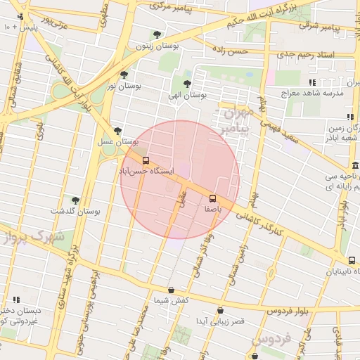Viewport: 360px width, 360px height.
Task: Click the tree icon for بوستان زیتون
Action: pyautogui.click(x=157, y=34)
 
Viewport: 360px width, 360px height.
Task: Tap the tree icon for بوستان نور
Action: pyautogui.click(x=124, y=74)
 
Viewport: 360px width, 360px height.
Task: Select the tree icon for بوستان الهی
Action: pyautogui.click(x=186, y=84)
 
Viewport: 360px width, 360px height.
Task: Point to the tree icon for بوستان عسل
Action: pyautogui.click(x=117, y=131)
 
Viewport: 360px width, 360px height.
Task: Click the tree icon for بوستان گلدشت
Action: pyautogui.click(x=75, y=200)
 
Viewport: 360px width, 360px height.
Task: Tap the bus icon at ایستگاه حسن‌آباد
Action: pyautogui.click(x=146, y=160)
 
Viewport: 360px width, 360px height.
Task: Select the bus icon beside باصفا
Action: pyautogui.click(x=213, y=198)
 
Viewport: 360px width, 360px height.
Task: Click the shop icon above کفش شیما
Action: pyautogui.click(x=171, y=290)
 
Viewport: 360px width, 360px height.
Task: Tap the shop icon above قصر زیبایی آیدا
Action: pyautogui.click(x=220, y=310)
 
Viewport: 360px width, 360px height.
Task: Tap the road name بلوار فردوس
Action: pyautogui.click(x=289, y=310)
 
